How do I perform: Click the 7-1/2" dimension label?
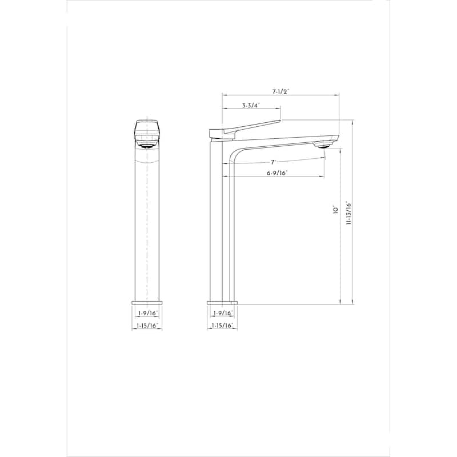(x=281, y=91)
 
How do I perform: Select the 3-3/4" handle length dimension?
(x=251, y=106)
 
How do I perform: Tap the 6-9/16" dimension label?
(x=277, y=173)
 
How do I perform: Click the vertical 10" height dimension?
(x=336, y=210)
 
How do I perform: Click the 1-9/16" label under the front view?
(x=147, y=314)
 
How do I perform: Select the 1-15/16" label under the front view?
(x=147, y=326)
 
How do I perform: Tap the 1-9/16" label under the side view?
(x=222, y=314)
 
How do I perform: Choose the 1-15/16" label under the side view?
(x=222, y=326)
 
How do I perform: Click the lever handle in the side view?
(x=251, y=127)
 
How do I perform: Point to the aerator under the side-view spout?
(x=323, y=145)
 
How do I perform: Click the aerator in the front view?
(x=147, y=145)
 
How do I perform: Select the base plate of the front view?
(x=147, y=302)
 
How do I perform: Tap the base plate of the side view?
(x=222, y=302)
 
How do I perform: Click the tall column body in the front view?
(x=147, y=228)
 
